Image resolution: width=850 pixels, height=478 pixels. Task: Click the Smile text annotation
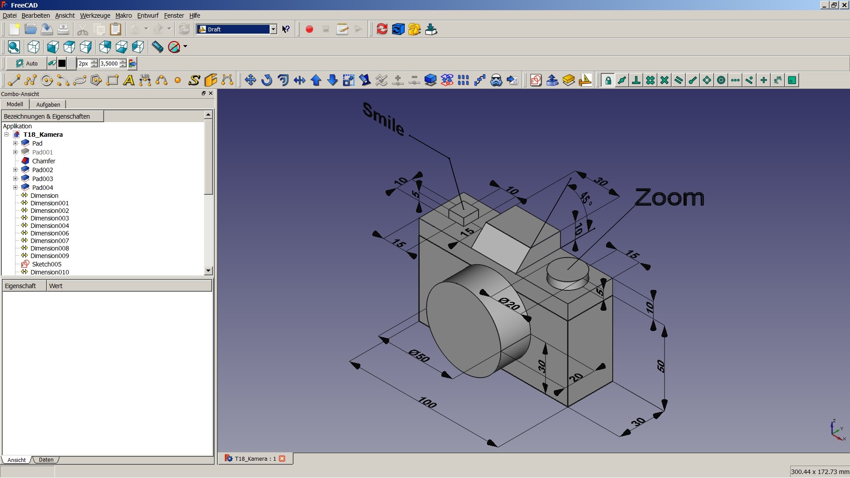pos(383,119)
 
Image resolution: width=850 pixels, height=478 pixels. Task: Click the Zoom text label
pos(669,197)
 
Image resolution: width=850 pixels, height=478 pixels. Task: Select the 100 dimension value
pos(428,402)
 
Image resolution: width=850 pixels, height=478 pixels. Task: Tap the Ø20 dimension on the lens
pos(509,304)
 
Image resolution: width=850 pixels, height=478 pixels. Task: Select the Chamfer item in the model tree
pos(43,161)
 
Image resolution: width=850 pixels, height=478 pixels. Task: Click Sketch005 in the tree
pos(46,264)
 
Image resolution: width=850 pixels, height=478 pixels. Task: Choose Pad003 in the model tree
pos(42,179)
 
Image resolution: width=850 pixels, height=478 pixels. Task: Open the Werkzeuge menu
pos(95,15)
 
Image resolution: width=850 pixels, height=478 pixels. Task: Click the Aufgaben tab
pos(48,104)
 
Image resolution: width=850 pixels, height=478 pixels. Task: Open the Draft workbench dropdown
pos(273,29)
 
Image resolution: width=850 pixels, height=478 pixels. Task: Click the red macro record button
pos(309,29)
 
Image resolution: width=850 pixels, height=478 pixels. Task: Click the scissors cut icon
pos(82,30)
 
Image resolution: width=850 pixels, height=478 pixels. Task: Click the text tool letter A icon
pos(128,81)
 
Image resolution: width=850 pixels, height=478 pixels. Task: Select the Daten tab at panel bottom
pos(46,460)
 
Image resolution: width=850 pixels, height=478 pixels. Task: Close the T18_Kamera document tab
pos(282,459)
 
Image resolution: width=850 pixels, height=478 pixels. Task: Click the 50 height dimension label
pos(661,366)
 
